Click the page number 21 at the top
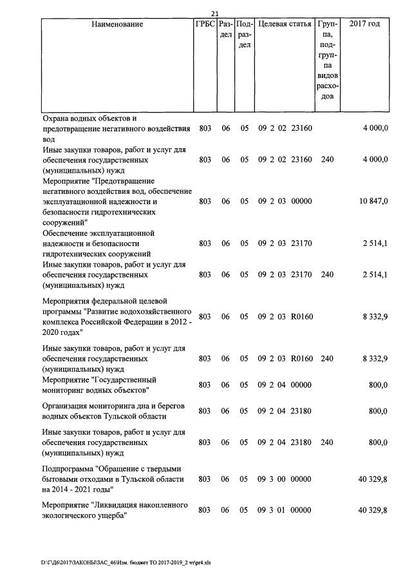[215, 14]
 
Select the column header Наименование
[117, 24]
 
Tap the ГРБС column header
[205, 24]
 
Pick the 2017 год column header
[364, 24]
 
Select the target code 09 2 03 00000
[285, 202]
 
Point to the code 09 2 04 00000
[285, 385]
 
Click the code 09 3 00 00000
[285, 479]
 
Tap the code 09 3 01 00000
[285, 510]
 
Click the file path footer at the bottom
[126, 562]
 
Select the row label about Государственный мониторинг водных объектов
[100, 385]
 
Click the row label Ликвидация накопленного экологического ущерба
[115, 510]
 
